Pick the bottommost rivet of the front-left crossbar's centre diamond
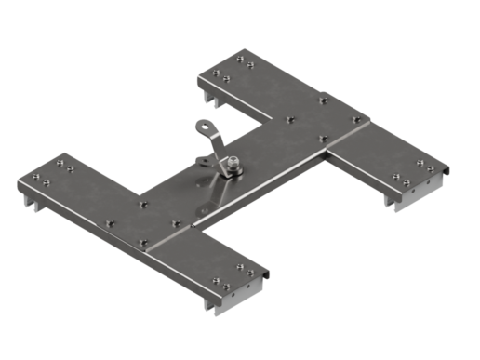[x=143, y=243]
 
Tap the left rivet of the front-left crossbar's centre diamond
[x=109, y=223]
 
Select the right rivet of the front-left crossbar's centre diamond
[x=176, y=223]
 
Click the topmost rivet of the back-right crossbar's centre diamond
[x=323, y=100]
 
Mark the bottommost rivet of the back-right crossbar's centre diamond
[x=324, y=139]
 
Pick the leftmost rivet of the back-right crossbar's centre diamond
[x=290, y=119]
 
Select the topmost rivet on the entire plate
[x=239, y=58]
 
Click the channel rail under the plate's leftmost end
[x=28, y=199]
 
